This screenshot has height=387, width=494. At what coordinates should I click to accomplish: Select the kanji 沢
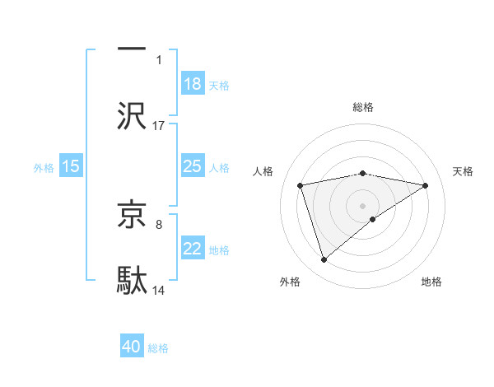[132, 116]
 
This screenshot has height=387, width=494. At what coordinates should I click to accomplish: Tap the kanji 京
[132, 215]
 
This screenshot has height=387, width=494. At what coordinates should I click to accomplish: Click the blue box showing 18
[193, 84]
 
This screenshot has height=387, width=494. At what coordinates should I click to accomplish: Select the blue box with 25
[193, 166]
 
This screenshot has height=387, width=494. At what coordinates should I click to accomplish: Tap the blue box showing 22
[193, 249]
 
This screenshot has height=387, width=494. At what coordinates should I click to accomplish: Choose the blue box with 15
[71, 166]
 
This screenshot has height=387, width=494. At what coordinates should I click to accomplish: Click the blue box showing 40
[132, 347]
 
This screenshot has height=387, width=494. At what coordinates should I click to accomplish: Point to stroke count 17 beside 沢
[159, 125]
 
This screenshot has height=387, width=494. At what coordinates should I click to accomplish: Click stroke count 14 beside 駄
[159, 290]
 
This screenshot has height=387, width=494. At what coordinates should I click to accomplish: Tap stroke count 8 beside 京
[159, 223]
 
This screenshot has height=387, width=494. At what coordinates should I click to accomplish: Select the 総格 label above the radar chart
[363, 107]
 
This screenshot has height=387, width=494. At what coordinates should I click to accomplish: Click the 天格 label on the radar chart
[464, 171]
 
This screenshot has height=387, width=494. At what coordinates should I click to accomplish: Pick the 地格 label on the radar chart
[431, 282]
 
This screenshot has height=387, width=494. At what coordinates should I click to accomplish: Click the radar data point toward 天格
[426, 185]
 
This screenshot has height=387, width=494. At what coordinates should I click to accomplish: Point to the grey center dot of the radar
[363, 205]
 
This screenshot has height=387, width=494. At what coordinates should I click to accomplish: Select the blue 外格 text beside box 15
[44, 167]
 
